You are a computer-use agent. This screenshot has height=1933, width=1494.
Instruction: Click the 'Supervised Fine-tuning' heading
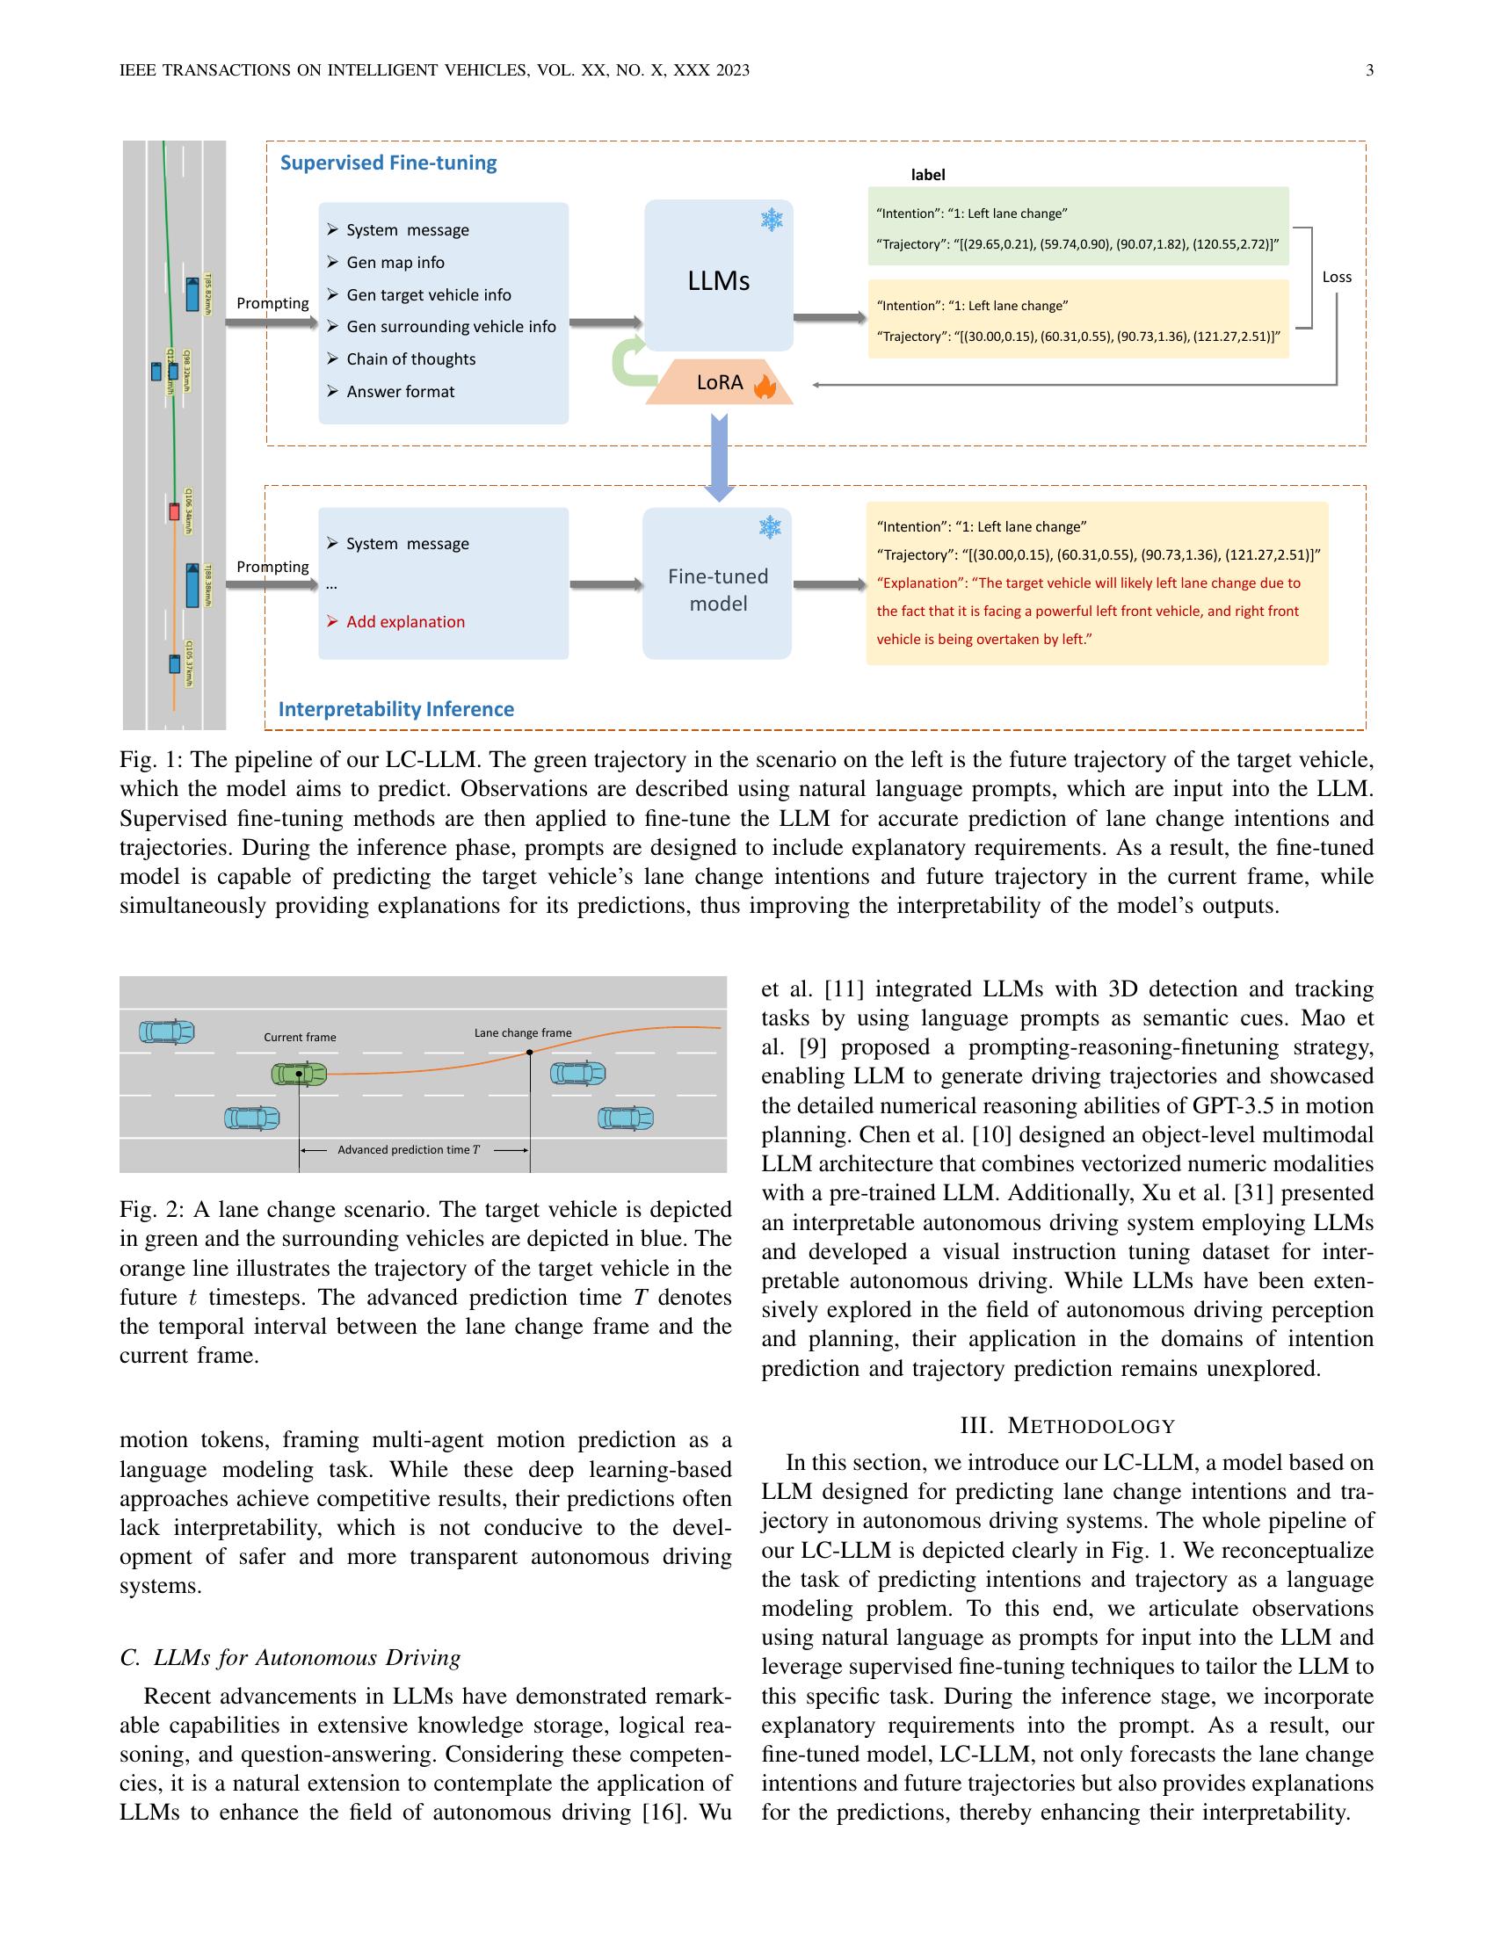click(x=388, y=163)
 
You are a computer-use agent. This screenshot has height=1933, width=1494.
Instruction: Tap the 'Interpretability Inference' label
click(x=395, y=709)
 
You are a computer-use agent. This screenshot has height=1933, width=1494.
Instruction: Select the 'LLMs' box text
click(x=718, y=280)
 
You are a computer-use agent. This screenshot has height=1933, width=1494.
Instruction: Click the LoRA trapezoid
click(x=719, y=382)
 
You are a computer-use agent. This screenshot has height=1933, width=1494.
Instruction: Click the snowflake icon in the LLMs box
click(x=772, y=220)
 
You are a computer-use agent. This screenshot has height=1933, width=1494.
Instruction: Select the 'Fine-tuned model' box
click(x=717, y=590)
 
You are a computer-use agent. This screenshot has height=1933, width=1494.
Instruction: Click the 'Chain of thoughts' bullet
click(x=410, y=359)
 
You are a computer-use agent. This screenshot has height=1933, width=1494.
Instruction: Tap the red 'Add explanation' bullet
click(x=405, y=621)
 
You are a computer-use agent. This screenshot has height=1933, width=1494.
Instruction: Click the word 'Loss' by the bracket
click(x=1337, y=277)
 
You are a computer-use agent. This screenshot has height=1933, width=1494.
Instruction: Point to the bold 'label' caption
click(x=927, y=175)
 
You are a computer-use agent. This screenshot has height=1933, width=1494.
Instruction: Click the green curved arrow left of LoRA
click(x=629, y=362)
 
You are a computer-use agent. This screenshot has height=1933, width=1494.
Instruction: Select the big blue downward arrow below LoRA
click(x=720, y=457)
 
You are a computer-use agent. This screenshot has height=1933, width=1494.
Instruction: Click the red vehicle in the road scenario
click(x=174, y=511)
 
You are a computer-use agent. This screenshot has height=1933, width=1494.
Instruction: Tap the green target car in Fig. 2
click(x=298, y=1075)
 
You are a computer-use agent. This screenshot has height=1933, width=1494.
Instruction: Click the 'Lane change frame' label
click(x=522, y=1033)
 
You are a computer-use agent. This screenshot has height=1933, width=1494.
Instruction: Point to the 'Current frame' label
click(x=300, y=1038)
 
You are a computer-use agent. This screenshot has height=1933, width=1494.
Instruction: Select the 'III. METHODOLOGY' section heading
click(x=1068, y=1426)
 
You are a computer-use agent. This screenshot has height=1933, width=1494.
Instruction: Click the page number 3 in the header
click(x=1369, y=71)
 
